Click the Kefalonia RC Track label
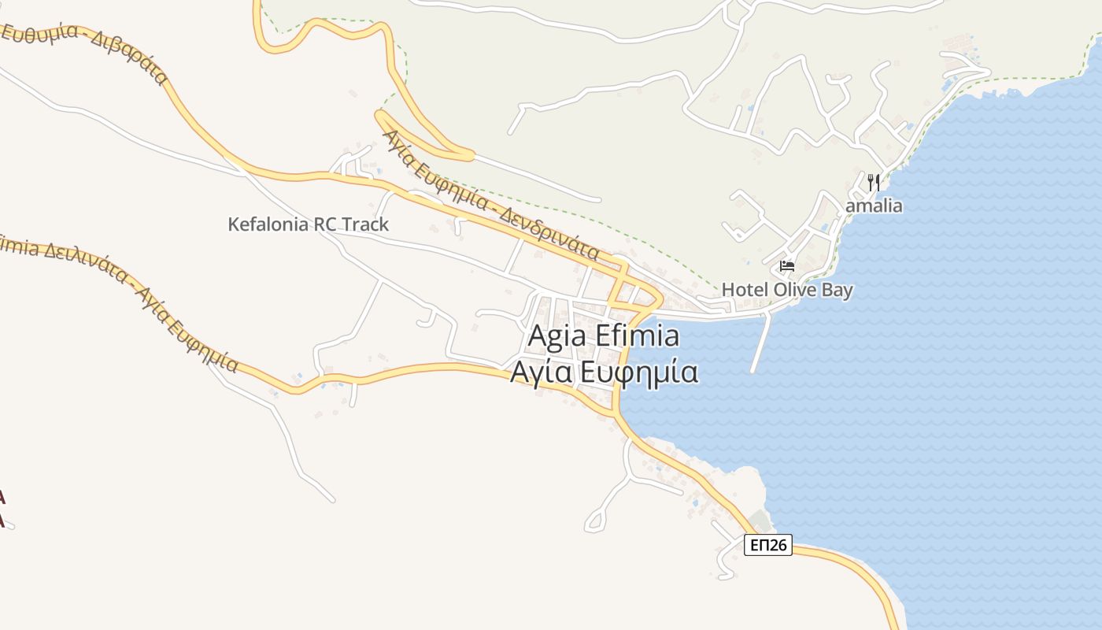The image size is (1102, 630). [308, 224]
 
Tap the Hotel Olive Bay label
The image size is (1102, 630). [786, 290]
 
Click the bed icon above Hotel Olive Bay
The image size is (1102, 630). [786, 266]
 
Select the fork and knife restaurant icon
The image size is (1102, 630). [873, 183]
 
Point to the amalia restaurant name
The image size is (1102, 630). [874, 206]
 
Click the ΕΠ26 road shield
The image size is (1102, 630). [767, 545]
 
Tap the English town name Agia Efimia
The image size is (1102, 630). [603, 336]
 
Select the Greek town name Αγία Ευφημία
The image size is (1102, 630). [604, 372]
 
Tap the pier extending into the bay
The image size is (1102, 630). [760, 343]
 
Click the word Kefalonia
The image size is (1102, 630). [268, 224]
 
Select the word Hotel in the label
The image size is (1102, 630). [745, 290]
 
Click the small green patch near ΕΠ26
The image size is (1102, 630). [760, 521]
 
